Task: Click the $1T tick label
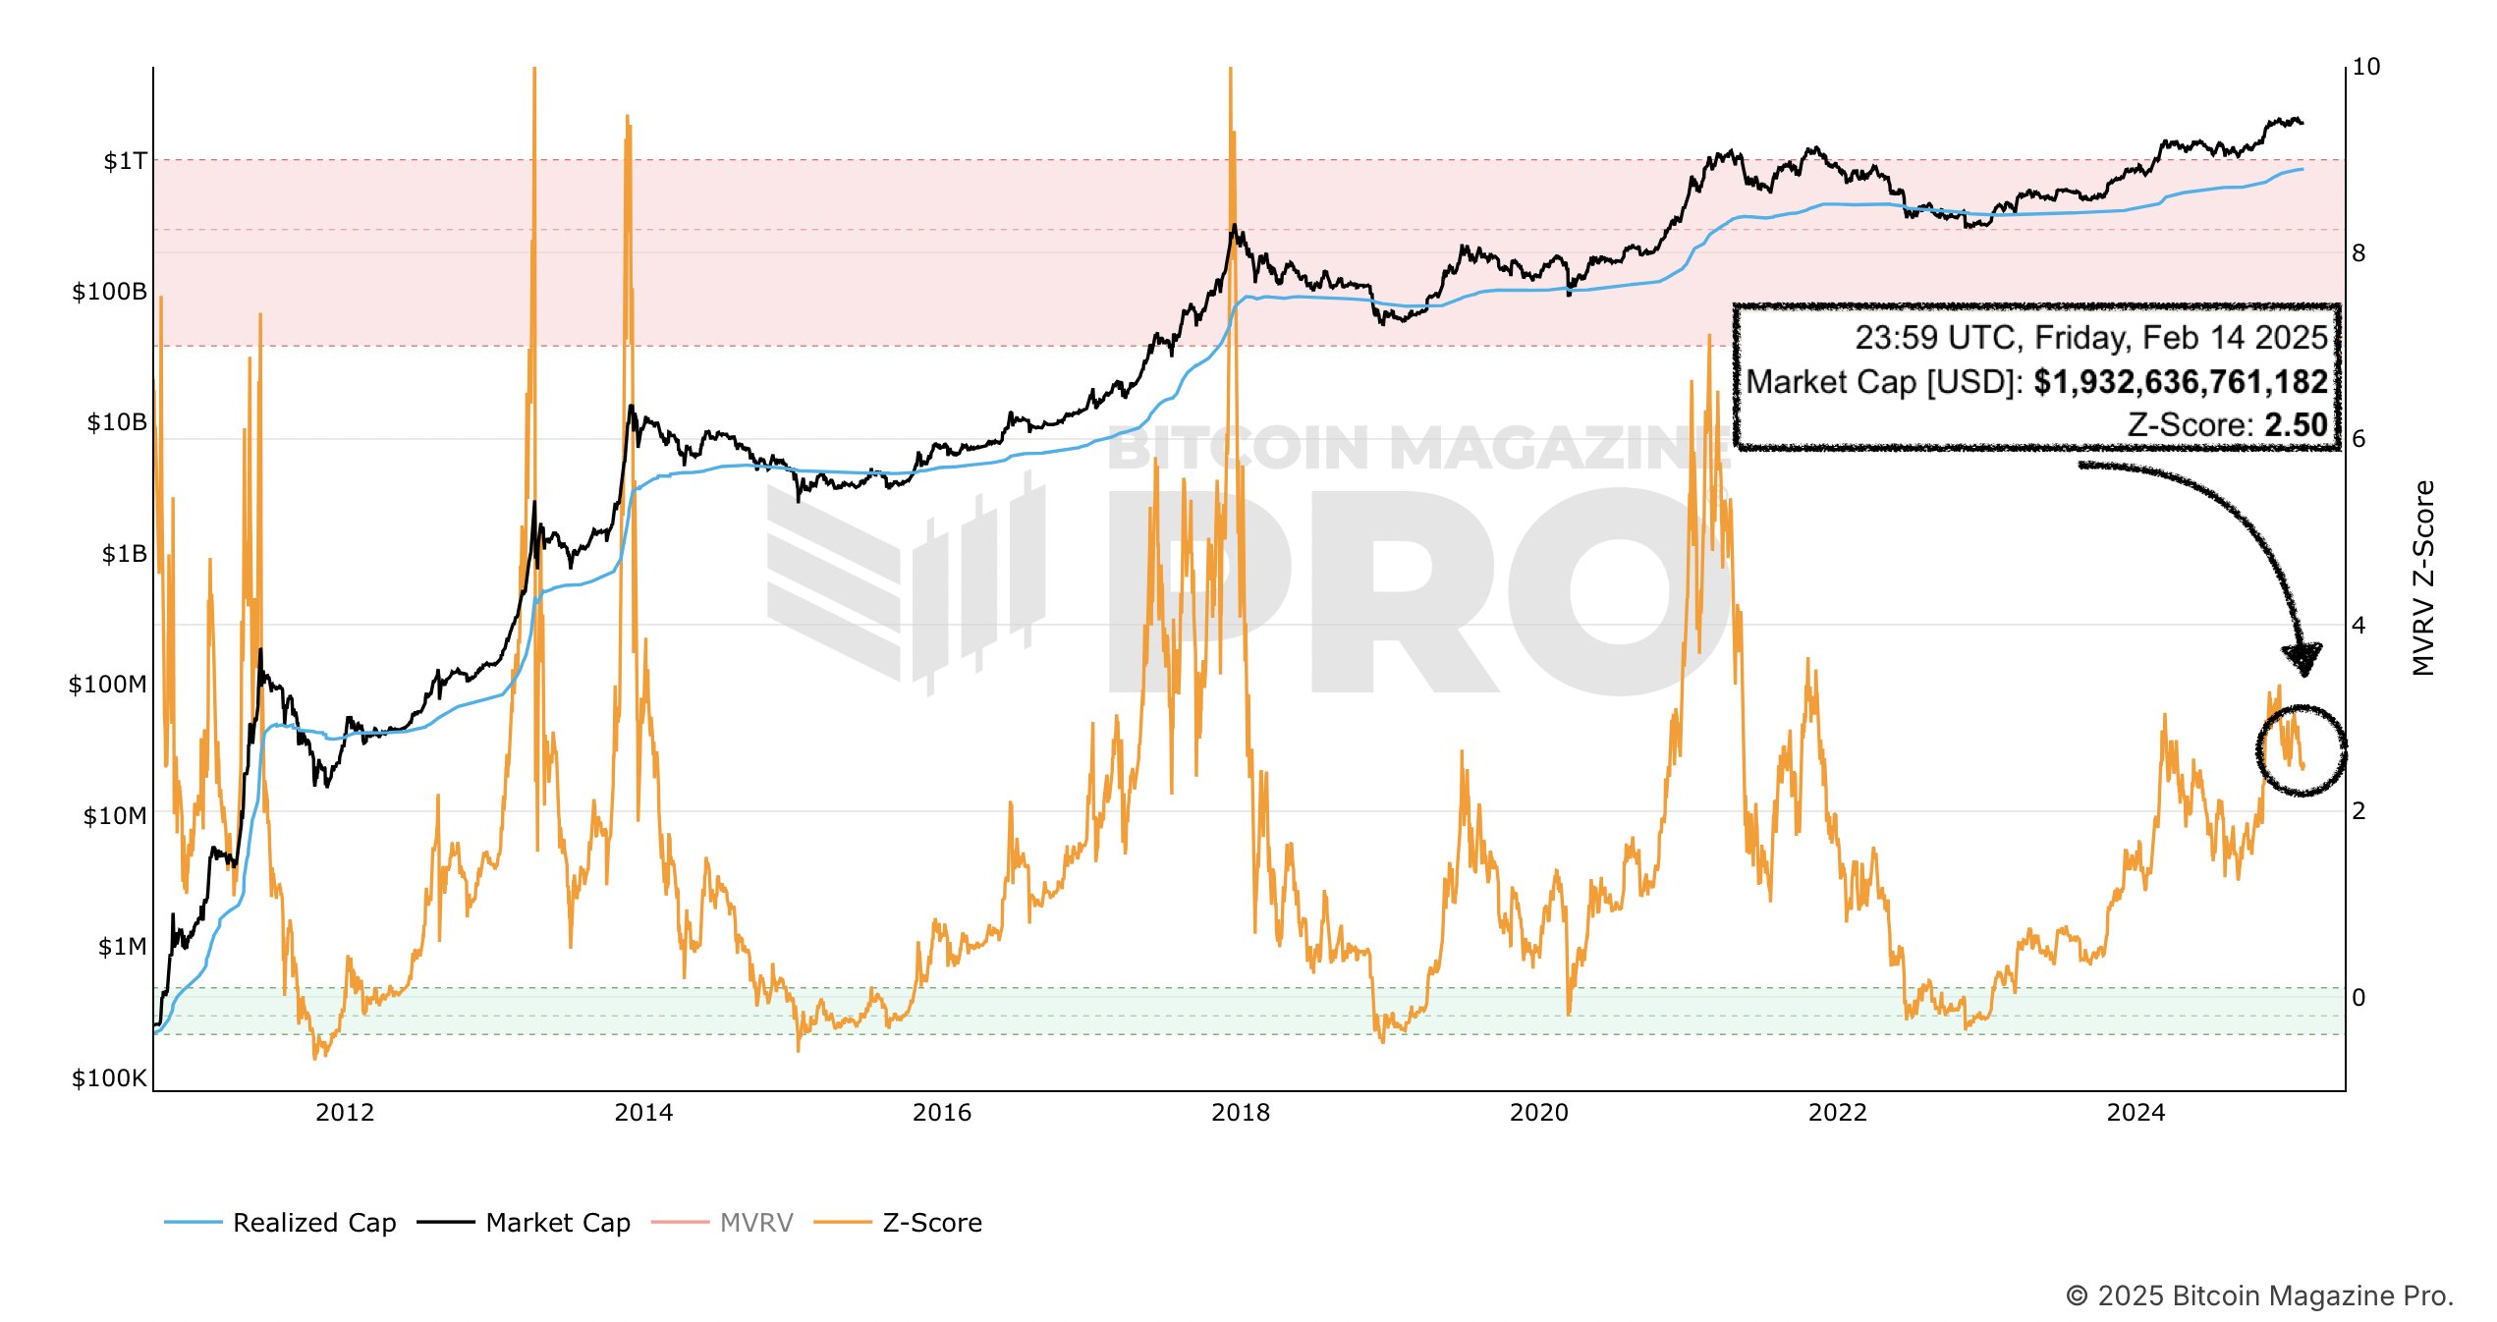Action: click(125, 161)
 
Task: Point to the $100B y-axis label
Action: click(109, 292)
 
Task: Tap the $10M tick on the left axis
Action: click(114, 816)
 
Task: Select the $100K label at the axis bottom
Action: click(109, 1078)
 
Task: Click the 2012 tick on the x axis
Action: click(345, 1113)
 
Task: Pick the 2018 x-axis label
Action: click(1241, 1113)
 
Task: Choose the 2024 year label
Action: click(2136, 1113)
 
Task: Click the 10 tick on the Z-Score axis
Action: click(2366, 67)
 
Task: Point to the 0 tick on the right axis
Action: click(2358, 998)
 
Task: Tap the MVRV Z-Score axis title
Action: click(2423, 578)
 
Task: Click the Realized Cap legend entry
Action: click(313, 1223)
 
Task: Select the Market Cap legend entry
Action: click(557, 1223)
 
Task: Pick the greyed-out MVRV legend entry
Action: click(755, 1223)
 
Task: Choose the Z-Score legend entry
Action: click(931, 1223)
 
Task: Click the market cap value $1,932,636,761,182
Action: click(2180, 382)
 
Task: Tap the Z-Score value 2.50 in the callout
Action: click(2296, 425)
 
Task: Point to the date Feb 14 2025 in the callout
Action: click(2234, 338)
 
